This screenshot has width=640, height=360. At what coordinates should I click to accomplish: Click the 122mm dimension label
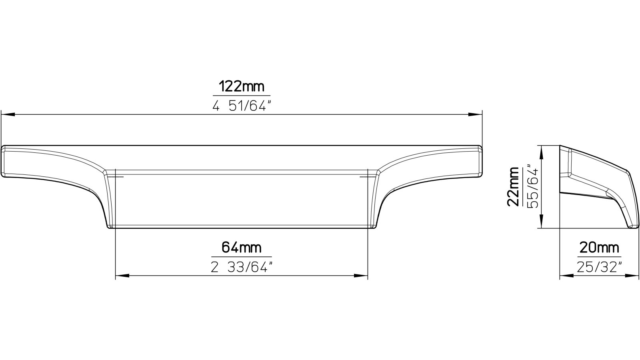[242, 86]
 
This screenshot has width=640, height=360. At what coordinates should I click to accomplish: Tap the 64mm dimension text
[242, 248]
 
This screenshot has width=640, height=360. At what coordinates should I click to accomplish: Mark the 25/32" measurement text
[599, 266]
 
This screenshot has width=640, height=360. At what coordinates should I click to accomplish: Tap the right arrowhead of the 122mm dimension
[476, 115]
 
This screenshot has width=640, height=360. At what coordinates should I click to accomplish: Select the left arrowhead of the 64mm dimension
[122, 276]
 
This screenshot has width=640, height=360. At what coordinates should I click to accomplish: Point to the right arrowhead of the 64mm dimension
[362, 276]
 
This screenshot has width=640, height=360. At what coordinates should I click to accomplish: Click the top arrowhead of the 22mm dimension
[541, 152]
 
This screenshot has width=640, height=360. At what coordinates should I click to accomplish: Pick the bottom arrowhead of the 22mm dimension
[541, 222]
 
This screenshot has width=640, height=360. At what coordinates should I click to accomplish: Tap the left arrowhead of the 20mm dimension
[564, 276]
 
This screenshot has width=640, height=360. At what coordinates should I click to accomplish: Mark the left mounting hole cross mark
[116, 176]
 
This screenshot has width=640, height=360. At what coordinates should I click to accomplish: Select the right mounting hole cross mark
[367, 176]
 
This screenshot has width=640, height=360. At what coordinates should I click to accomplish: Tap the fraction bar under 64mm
[242, 257]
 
